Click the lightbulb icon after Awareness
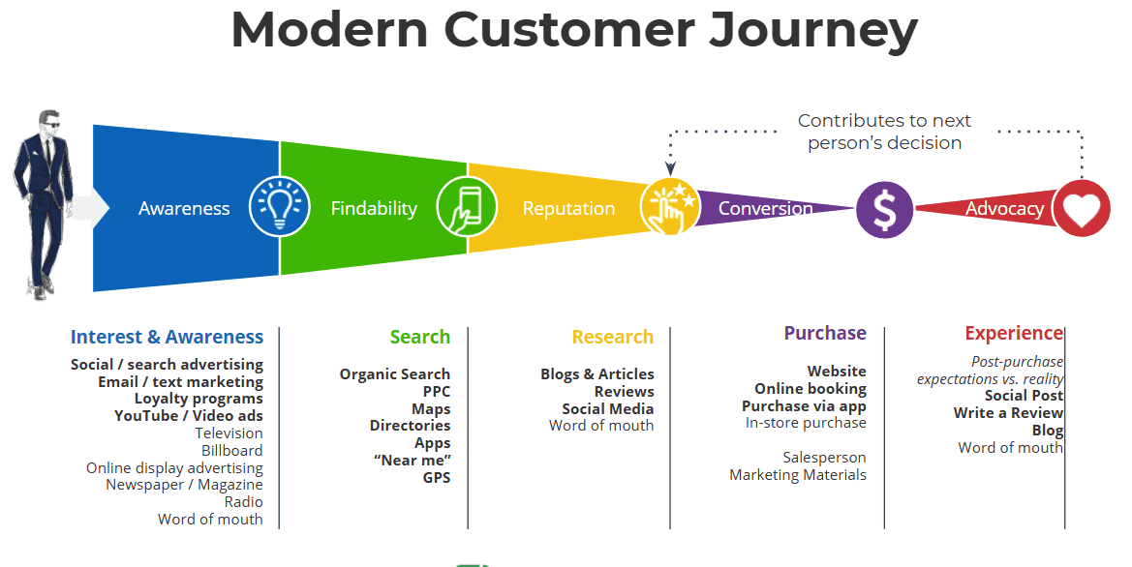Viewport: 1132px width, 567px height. coord(279,207)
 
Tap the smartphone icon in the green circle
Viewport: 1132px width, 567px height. coord(467,207)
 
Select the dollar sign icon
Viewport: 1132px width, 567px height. coord(885,210)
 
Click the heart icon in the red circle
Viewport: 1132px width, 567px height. coord(1082,208)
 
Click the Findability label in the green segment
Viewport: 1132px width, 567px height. coord(374,208)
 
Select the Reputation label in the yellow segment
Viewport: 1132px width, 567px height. coord(568,208)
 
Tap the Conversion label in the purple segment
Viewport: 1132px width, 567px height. coord(765,208)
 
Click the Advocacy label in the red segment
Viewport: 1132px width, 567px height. coord(1004,208)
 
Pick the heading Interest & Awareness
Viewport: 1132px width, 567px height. coord(167,337)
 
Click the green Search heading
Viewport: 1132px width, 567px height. coord(419,337)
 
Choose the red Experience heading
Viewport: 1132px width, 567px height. coord(1013,333)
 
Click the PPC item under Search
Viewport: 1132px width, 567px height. coord(437,392)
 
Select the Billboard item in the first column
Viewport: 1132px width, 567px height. coord(231,450)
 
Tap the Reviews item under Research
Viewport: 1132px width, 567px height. coord(624,391)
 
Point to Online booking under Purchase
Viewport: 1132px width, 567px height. coord(811,388)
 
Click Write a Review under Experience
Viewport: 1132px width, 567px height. coord(1008,413)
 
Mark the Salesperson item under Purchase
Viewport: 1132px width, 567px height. coord(824,457)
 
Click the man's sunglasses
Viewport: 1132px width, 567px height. coord(49,124)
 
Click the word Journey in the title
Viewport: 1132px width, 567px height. coord(812,31)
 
